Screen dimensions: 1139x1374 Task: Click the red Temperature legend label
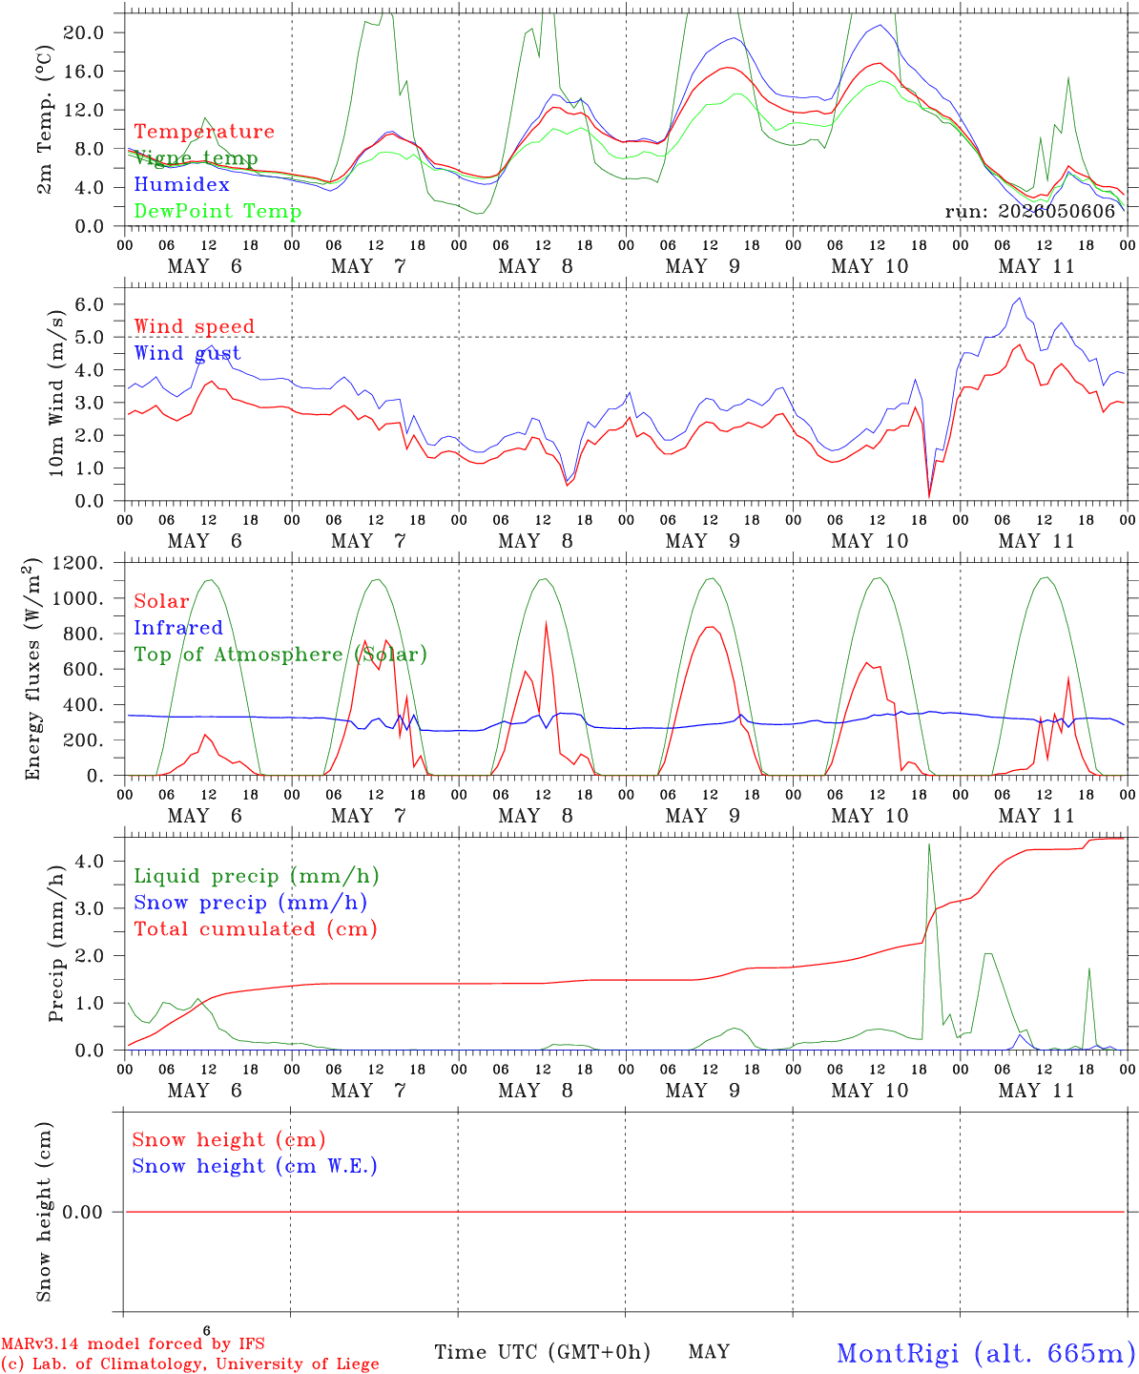pos(204,132)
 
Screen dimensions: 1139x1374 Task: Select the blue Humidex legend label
pos(181,184)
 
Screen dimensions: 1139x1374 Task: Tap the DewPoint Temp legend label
pos(217,211)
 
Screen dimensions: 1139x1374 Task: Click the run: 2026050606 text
pos(1029,211)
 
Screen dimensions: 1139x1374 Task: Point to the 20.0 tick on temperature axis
pos(84,32)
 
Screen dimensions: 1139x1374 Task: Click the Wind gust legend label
pos(188,353)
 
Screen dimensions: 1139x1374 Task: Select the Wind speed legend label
pos(194,326)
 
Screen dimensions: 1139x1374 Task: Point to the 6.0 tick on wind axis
pos(90,304)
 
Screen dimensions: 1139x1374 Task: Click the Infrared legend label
pos(178,628)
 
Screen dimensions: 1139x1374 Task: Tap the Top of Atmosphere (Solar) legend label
pos(281,655)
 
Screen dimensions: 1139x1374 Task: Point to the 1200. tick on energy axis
pos(78,563)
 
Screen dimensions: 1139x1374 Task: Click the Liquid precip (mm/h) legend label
pos(257,877)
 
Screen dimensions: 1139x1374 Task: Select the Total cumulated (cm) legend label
pos(256,929)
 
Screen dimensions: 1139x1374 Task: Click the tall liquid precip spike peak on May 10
pos(929,844)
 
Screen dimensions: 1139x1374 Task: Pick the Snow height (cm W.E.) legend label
pos(255,1166)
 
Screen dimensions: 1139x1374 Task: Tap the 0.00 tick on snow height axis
pos(83,1212)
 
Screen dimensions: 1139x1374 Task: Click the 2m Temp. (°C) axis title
pos(44,120)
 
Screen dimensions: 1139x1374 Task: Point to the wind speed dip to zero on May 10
pos(929,497)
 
